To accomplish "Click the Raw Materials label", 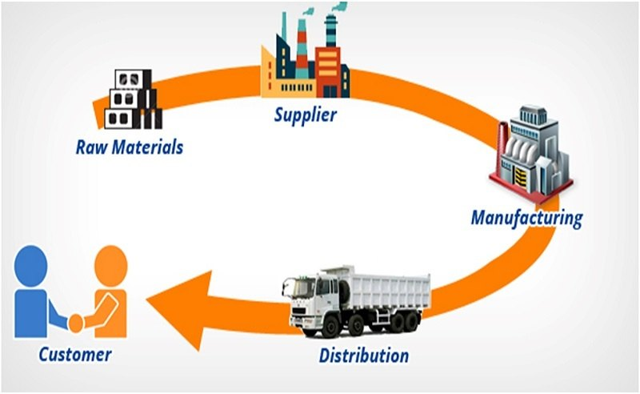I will coord(130,147).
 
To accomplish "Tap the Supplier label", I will coord(306,114).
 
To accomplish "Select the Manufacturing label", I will coord(526,217).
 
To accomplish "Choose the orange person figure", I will coord(107,296).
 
